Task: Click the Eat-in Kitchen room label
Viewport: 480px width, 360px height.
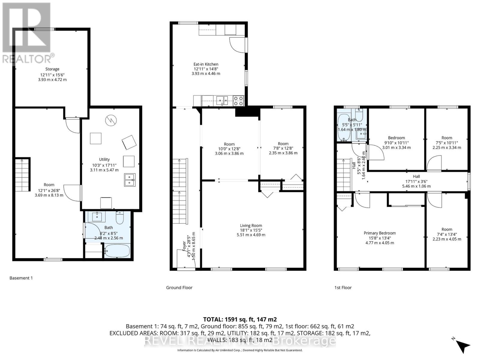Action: coord(206,64)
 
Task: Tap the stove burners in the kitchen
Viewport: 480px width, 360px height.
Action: coord(239,100)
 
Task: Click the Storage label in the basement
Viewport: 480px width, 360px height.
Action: coord(52,69)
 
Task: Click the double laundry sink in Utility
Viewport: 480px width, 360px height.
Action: coord(130,180)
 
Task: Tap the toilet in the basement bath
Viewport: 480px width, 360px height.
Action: coord(120,218)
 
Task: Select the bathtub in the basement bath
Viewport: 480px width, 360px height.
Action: coord(117,251)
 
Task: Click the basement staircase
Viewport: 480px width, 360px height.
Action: coord(23,175)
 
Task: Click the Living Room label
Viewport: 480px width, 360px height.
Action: coord(251,226)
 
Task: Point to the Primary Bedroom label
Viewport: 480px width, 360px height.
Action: coord(379,233)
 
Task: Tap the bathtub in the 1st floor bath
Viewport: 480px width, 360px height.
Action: coord(344,128)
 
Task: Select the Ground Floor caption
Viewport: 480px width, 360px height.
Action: coord(179,287)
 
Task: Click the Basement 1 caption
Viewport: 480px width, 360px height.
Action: coord(21,278)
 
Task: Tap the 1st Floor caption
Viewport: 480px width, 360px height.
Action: coord(343,287)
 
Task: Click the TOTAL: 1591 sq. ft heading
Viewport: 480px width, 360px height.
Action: coord(240,319)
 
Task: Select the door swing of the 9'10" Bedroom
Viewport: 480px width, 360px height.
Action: coord(377,153)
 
